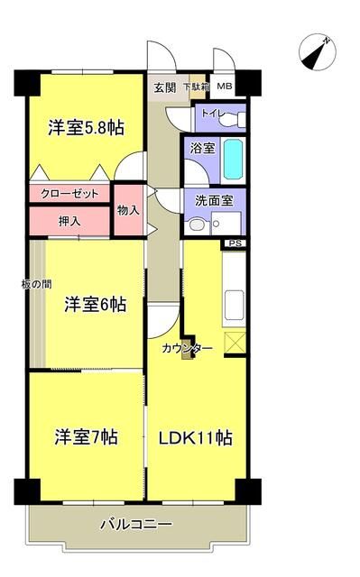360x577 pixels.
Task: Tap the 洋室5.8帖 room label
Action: coord(86,127)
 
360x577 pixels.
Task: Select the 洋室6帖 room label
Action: coord(95,305)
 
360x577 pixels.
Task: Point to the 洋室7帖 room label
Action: coord(86,436)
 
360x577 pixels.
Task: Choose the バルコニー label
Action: coord(135,522)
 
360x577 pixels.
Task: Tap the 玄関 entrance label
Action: coord(164,87)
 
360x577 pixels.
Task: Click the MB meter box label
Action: coord(224,87)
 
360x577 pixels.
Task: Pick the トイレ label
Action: coord(213,113)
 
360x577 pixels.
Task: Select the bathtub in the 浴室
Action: coord(233,160)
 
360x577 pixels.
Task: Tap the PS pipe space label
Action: coord(235,243)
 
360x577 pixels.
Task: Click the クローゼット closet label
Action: coord(69,194)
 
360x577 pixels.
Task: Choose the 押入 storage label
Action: coord(69,219)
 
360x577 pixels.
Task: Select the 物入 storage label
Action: coord(128,210)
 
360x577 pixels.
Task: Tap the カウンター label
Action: coord(188,348)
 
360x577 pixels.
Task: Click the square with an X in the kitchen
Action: coord(234,343)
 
